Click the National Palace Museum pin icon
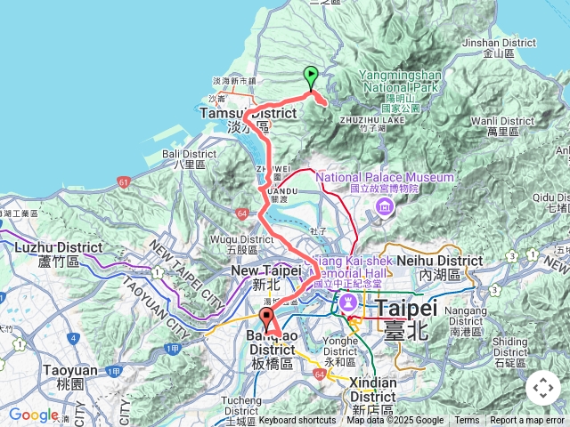tap(385, 206)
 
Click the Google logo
tap(33, 415)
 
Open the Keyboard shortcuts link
tap(297, 421)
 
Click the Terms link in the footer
tap(467, 421)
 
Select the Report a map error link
tap(528, 421)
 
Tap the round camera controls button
tap(543, 388)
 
